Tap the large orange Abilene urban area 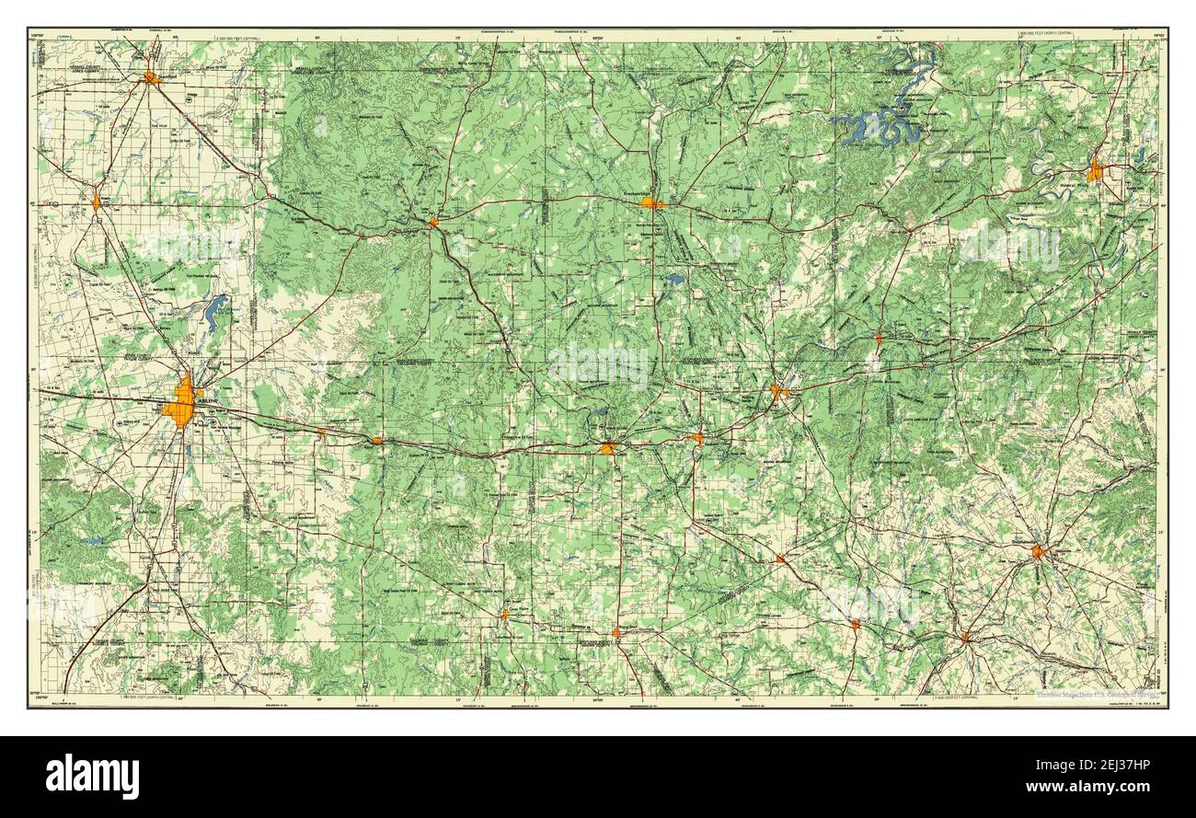tap(182, 406)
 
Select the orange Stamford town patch tap(152, 78)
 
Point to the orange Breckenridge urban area tap(651, 203)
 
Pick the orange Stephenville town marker tap(1040, 552)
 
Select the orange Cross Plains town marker tap(504, 613)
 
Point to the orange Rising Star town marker tap(616, 632)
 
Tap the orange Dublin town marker tap(965, 637)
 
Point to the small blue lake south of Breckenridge tap(677, 278)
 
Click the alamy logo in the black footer tap(92, 775)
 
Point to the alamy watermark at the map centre tap(598, 364)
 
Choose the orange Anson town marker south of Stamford tap(96, 202)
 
